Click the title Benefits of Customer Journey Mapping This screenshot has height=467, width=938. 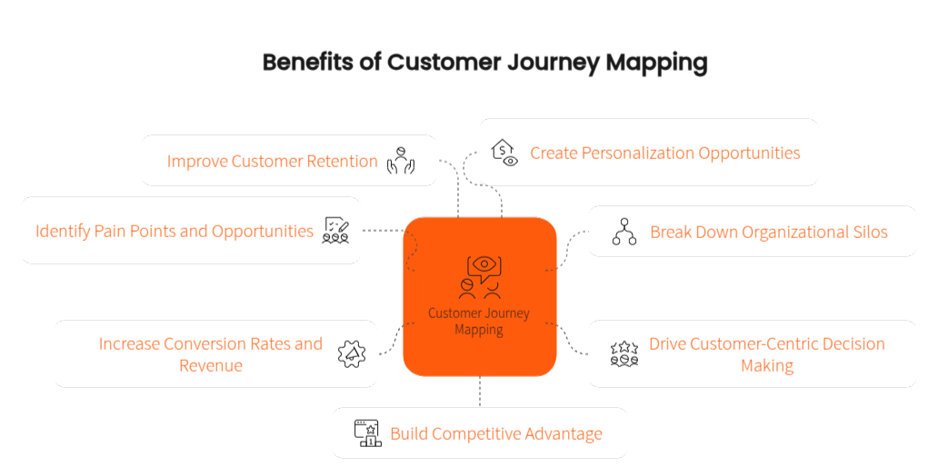(x=484, y=63)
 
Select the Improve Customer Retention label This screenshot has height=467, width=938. (x=272, y=162)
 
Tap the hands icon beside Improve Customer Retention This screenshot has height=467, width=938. (x=401, y=160)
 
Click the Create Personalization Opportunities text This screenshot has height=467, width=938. (x=664, y=153)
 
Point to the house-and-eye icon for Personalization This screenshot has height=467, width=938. (x=504, y=153)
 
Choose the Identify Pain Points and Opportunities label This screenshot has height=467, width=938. (x=175, y=231)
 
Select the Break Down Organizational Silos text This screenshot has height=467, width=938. (x=768, y=232)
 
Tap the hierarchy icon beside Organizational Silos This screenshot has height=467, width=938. (x=624, y=232)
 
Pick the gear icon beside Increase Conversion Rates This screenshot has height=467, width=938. (x=352, y=354)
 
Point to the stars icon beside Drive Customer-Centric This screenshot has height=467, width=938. (x=624, y=353)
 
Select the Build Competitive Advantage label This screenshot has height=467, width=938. (x=495, y=433)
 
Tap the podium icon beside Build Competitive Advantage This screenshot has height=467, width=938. (x=368, y=432)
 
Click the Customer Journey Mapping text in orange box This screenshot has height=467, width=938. (x=479, y=322)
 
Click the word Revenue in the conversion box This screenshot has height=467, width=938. (x=210, y=365)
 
